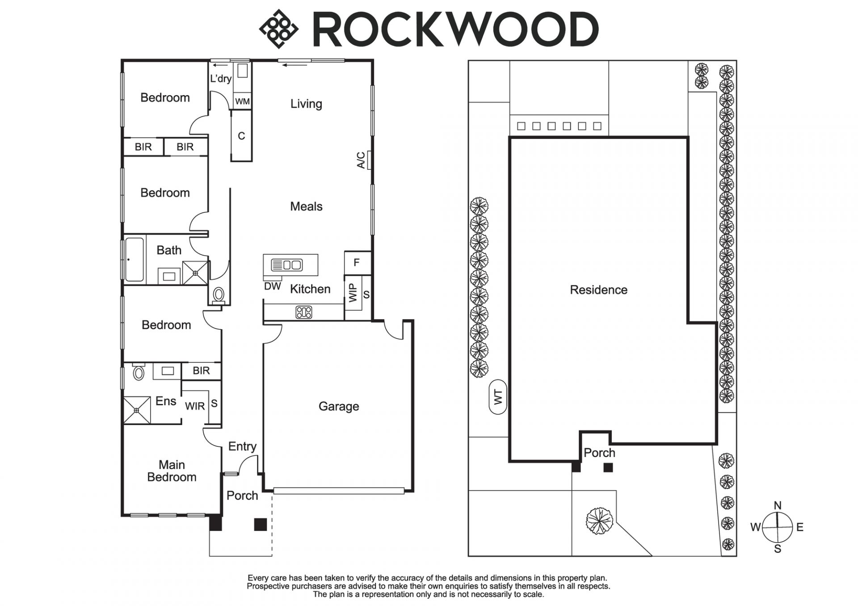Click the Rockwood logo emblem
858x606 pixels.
tap(278, 29)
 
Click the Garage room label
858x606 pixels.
tap(339, 406)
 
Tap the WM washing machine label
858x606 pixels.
tap(242, 101)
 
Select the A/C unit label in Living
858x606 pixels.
tap(361, 160)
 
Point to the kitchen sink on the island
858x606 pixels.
tap(287, 265)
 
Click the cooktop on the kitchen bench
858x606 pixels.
tap(304, 312)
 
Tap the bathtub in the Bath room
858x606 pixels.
tap(134, 260)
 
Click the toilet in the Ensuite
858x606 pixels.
tap(139, 372)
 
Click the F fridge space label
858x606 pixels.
tap(357, 263)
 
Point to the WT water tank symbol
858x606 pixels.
tap(498, 397)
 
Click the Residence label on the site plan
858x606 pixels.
tap(598, 290)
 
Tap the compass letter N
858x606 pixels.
tap(778, 505)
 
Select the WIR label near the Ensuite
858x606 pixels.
tap(195, 406)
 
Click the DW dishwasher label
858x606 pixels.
tap(272, 286)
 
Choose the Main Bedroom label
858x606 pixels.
tap(172, 471)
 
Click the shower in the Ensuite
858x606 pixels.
tap(137, 410)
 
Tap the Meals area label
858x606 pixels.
tap(306, 206)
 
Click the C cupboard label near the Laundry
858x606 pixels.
tap(241, 136)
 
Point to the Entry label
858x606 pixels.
tap(242, 446)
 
